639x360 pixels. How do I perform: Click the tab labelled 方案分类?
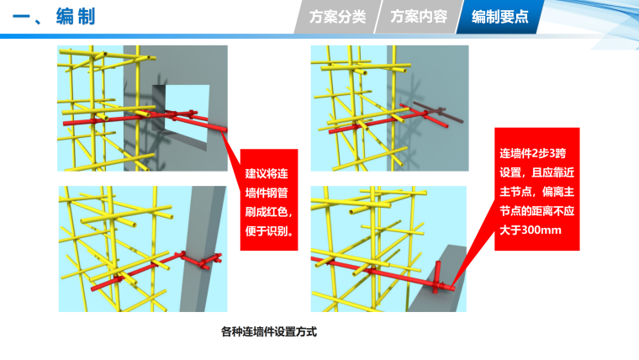337,17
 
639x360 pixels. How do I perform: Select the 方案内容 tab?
419,17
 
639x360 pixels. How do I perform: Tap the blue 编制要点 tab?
500,17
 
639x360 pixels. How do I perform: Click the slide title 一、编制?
54,17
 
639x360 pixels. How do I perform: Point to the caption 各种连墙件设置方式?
269,331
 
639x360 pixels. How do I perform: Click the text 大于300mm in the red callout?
531,230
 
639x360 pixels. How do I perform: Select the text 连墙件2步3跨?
532,153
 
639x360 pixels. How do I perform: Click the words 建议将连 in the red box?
267,173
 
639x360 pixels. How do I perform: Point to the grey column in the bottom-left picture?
203,249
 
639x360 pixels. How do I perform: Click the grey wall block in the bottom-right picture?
439,281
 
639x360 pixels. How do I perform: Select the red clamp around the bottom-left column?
200,260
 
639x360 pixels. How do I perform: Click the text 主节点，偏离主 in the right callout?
536,192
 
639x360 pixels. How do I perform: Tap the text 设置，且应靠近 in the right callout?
536,172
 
